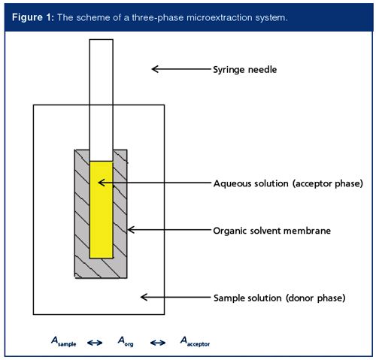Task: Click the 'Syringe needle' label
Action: (x=245, y=69)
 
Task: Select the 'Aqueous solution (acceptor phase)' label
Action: (x=288, y=183)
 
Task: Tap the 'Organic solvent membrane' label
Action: (x=272, y=231)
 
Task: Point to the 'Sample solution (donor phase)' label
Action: (x=280, y=298)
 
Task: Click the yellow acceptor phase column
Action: (x=102, y=210)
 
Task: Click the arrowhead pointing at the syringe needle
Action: (x=155, y=69)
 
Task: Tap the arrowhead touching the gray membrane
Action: (x=131, y=230)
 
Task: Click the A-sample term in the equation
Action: (x=64, y=341)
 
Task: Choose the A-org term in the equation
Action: (x=126, y=341)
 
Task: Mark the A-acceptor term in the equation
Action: (x=195, y=341)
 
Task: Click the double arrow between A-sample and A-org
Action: (x=95, y=343)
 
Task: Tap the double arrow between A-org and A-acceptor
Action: (x=158, y=343)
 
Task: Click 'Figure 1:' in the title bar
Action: (x=33, y=17)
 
